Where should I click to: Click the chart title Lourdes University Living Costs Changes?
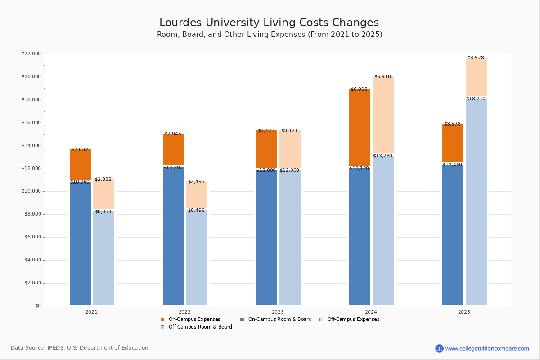(x=269, y=23)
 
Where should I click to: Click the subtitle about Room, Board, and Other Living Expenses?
(x=270, y=35)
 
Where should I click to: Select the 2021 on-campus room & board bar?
(x=80, y=243)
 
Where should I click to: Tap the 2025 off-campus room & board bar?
(x=476, y=202)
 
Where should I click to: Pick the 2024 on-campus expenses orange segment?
(x=360, y=128)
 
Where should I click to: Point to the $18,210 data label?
(x=476, y=99)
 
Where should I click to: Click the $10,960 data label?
(x=80, y=182)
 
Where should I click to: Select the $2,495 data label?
(x=196, y=182)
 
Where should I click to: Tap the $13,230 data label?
(x=382, y=156)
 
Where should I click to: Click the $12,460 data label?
(x=452, y=165)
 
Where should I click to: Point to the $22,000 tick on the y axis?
(x=31, y=54)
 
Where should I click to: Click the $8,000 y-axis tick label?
(x=32, y=214)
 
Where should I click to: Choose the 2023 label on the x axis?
(x=278, y=312)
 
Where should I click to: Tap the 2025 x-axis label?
(x=464, y=312)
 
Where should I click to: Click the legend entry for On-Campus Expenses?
(x=194, y=319)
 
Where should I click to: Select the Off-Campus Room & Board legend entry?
(x=200, y=327)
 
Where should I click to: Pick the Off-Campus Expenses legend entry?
(x=353, y=319)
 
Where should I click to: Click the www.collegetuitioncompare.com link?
(x=487, y=348)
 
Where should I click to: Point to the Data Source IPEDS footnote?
(x=80, y=348)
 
